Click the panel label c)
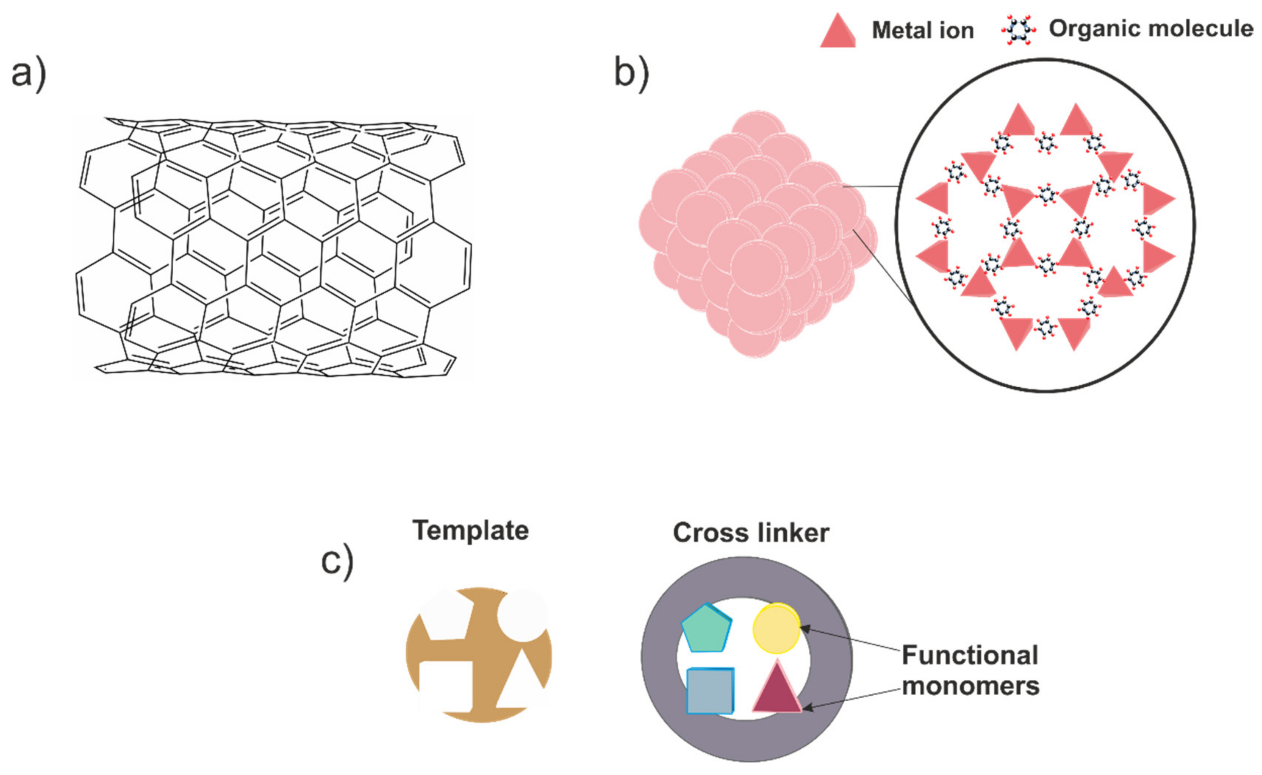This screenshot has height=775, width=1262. [337, 562]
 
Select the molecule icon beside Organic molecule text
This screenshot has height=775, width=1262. [1019, 30]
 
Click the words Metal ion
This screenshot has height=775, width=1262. [922, 31]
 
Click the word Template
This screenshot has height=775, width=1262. [470, 530]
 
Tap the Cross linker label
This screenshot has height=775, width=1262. [751, 533]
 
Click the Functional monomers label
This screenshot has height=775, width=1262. [970, 670]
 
